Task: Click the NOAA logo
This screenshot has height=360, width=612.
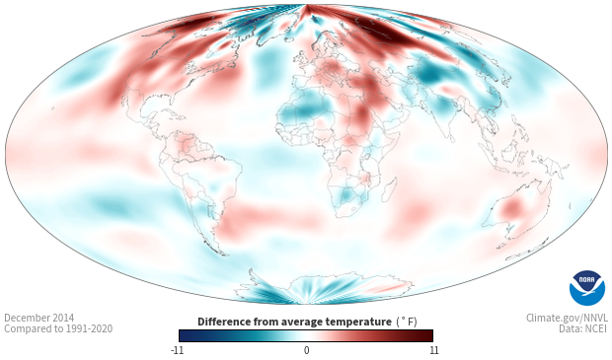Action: point(587,288)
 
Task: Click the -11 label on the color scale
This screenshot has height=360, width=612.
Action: point(177,350)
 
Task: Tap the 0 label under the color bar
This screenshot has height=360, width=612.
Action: point(306,350)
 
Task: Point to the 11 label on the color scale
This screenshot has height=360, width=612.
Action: point(433,350)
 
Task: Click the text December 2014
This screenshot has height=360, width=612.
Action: point(39,318)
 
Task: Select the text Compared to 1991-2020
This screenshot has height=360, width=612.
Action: point(58,328)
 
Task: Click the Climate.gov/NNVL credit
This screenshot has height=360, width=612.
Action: point(567,318)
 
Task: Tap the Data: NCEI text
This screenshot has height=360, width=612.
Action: point(583,328)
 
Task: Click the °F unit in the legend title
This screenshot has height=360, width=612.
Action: point(407,322)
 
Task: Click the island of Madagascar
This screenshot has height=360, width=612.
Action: point(389,188)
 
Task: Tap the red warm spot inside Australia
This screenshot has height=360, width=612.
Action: point(512,209)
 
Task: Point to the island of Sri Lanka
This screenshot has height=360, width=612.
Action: point(451,138)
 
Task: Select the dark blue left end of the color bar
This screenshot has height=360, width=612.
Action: point(186,335)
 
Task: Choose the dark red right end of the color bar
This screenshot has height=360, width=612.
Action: point(426,335)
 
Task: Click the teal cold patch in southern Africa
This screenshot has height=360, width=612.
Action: point(345,194)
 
